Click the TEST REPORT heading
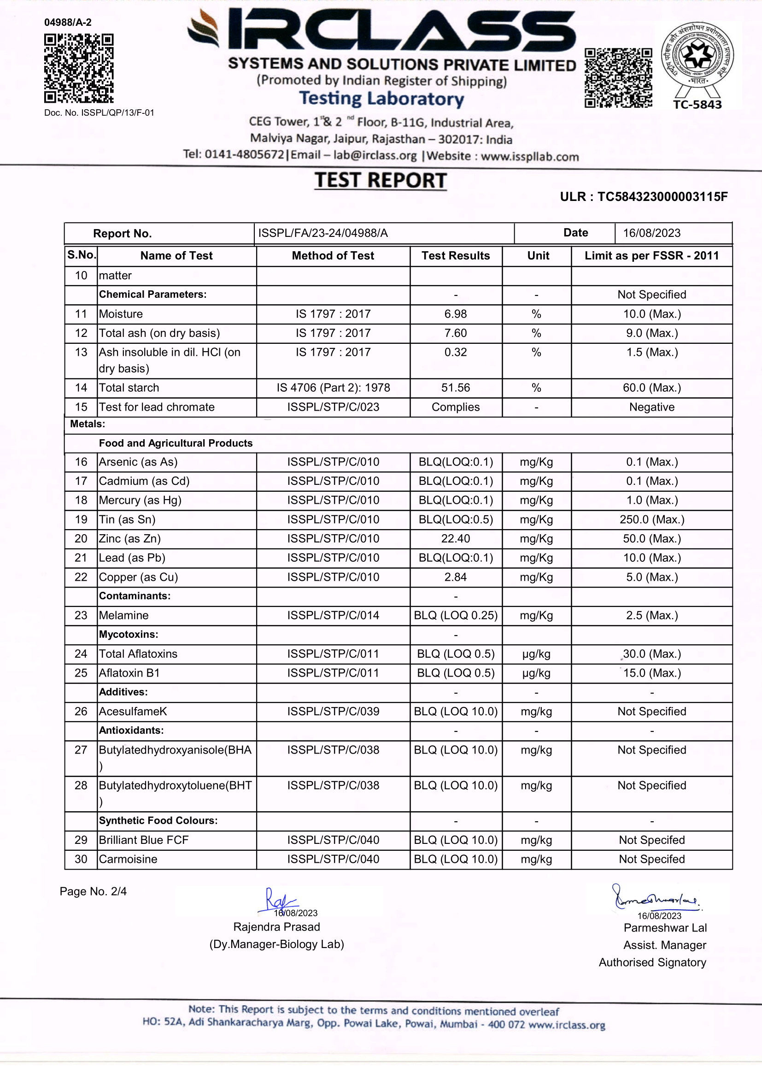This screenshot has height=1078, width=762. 380,181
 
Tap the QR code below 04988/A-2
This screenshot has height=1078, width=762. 79,68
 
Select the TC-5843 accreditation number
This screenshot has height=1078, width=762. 697,105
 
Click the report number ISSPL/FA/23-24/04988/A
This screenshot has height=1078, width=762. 323,233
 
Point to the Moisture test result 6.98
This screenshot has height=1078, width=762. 455,314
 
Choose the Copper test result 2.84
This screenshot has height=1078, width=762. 455,577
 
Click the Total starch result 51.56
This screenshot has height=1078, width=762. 455,388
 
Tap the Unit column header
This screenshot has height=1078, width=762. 538,256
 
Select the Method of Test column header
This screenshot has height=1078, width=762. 333,256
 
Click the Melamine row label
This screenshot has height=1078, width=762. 123,616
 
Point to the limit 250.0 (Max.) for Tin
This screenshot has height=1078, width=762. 651,520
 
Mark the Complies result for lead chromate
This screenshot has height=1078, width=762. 455,407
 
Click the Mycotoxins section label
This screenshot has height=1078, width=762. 128,635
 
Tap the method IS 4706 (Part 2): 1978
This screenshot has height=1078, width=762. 333,388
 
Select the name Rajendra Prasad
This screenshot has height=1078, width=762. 276,927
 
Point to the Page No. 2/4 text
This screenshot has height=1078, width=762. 93,892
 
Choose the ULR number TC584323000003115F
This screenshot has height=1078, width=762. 662,197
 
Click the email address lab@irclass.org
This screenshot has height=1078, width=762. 375,155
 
